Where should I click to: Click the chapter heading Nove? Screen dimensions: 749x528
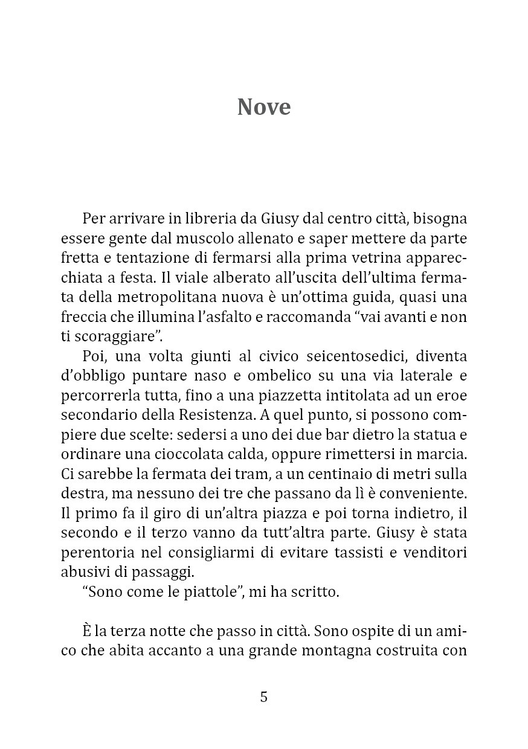pos(264,107)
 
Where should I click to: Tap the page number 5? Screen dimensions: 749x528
pos(263,697)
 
